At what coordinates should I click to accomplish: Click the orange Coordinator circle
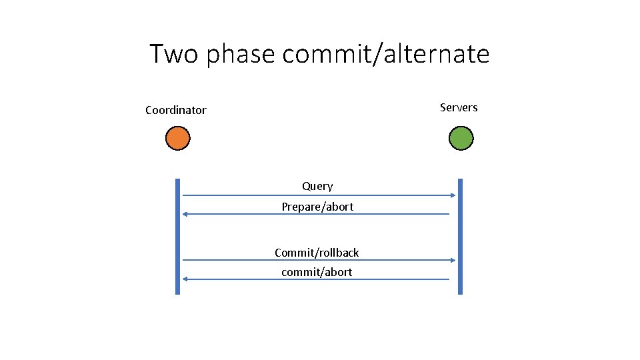point(178,138)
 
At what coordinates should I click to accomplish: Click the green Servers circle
point(461,138)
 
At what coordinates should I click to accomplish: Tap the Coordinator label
point(176,110)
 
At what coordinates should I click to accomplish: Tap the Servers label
point(459,107)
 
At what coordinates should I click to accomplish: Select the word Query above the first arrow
point(317,186)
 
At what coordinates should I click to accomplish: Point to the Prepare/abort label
point(317,207)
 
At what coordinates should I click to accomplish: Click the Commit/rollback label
point(317,253)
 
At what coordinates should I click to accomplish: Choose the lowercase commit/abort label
point(317,272)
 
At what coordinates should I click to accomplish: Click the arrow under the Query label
point(319,195)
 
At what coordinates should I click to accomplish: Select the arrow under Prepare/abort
point(316,214)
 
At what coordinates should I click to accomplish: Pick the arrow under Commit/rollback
point(319,260)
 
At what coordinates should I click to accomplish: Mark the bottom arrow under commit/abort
point(316,279)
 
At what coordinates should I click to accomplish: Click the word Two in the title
point(174,53)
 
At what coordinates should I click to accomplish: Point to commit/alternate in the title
point(386,53)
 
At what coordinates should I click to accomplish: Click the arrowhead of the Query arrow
point(453,195)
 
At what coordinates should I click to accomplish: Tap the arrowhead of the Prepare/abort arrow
point(186,214)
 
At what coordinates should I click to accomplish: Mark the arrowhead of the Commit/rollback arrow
point(453,260)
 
